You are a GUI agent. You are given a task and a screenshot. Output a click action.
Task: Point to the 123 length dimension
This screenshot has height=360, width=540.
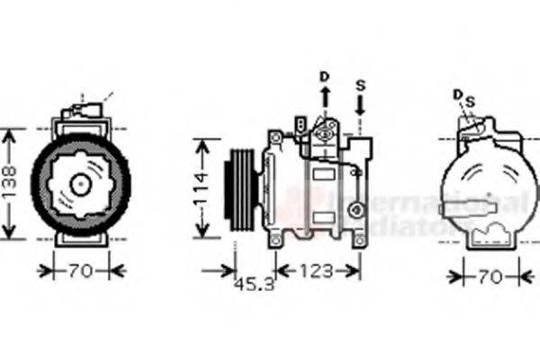click(x=318, y=270)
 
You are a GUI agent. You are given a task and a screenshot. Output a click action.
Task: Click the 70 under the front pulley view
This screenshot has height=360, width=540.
click(x=81, y=269)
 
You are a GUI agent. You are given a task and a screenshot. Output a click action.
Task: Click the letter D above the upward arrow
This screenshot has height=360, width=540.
click(x=325, y=75)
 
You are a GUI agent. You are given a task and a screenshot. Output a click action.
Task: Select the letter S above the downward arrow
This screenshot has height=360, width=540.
click(x=360, y=85)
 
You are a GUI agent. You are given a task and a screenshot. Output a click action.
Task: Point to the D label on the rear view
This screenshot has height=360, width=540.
click(x=457, y=94)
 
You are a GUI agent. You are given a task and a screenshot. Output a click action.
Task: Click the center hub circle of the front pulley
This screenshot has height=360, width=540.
click(x=81, y=184)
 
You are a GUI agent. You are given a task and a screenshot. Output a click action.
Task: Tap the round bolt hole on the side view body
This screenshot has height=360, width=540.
click(x=357, y=210)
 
